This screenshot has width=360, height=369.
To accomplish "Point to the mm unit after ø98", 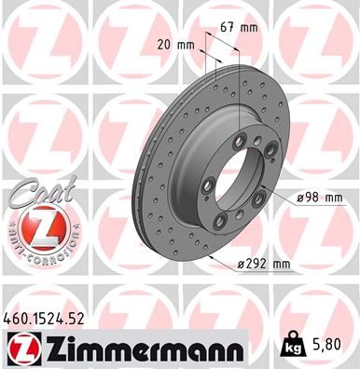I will tap(333, 197).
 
